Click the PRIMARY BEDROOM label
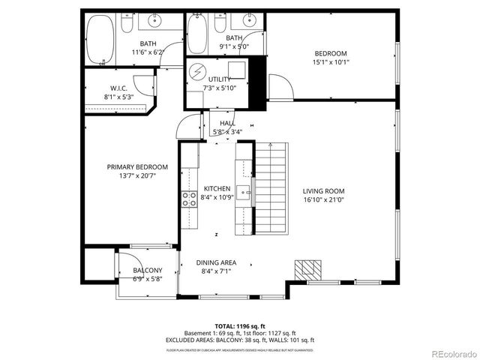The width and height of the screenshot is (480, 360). [136, 166]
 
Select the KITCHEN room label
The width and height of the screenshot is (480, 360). [217, 188]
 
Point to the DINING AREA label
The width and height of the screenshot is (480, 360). [217, 262]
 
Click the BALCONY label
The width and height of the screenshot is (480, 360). [147, 270]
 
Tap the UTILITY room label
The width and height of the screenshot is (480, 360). [219, 79]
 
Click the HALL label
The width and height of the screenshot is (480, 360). [226, 123]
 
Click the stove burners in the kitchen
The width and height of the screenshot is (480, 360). [188, 199]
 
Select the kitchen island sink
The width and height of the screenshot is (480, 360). [244, 190]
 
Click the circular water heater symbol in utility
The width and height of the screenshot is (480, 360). [199, 72]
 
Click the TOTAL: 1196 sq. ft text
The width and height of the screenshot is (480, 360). [240, 325]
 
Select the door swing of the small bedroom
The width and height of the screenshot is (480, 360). [278, 87]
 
